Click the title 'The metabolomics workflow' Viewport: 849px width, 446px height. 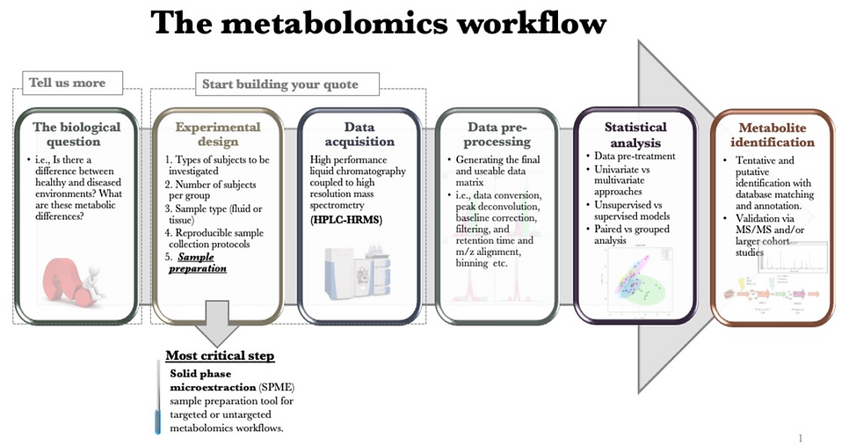click(378, 24)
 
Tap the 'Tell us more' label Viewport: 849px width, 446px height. click(68, 83)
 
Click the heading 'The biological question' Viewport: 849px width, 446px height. click(76, 134)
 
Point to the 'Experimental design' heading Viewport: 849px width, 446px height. click(218, 134)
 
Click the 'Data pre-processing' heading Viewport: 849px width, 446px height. click(498, 134)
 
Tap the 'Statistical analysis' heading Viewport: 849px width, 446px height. click(635, 134)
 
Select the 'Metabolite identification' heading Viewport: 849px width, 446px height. click(776, 134)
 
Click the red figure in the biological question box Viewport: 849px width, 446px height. click(75, 277)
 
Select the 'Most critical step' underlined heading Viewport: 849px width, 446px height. click(220, 355)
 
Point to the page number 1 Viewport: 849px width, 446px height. click(801, 436)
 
